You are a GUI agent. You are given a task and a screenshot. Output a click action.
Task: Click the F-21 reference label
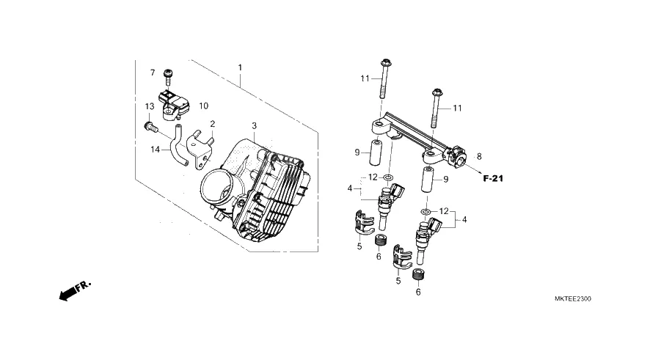[x=493, y=179]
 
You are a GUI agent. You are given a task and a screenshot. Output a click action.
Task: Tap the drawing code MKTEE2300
[x=573, y=298]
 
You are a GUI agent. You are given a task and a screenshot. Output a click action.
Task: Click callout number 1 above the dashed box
[x=240, y=67]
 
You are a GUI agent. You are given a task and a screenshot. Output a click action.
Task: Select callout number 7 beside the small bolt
[x=153, y=73]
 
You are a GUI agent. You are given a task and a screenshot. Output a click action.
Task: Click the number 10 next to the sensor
[x=203, y=106]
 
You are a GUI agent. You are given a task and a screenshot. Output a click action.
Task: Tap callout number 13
[x=150, y=106]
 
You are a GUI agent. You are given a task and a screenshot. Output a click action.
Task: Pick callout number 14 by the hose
[x=155, y=149]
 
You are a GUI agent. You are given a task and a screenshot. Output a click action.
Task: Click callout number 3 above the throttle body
[x=254, y=125]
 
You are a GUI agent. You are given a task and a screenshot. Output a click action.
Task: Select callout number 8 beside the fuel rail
[x=479, y=157]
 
